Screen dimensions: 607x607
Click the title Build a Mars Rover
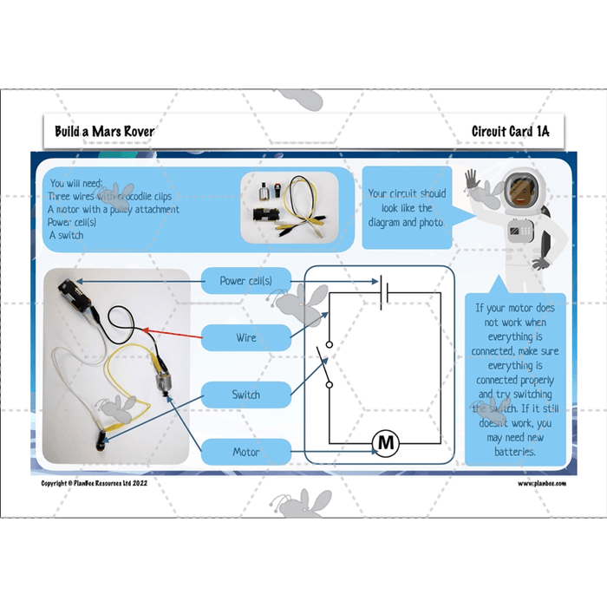point(104,131)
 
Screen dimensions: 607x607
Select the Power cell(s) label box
point(245,280)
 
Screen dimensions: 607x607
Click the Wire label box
point(245,337)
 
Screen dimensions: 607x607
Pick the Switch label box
point(245,395)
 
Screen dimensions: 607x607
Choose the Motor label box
point(245,452)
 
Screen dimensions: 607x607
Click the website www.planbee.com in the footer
point(542,484)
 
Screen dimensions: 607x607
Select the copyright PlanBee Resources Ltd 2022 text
point(95,484)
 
